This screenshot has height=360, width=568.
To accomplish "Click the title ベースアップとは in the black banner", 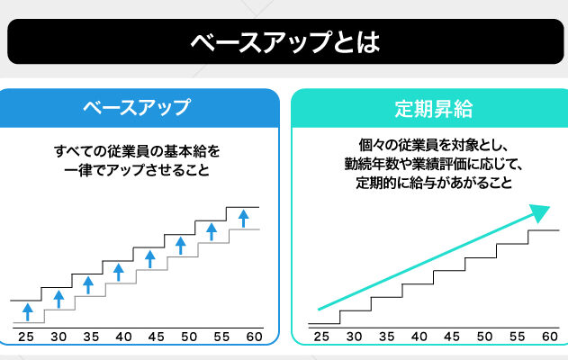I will [284, 42].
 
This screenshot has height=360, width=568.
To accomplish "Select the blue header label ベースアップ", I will [137, 109].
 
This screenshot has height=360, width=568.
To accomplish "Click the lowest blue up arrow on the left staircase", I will [28, 311].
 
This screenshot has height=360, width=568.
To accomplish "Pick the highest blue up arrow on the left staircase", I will [242, 217].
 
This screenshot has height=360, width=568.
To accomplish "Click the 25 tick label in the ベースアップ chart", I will [25, 337].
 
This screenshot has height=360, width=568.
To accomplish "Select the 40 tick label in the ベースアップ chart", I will [123, 337].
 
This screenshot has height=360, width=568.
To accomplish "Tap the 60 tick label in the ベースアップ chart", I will [254, 337].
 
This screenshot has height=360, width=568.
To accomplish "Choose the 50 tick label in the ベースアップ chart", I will [189, 337].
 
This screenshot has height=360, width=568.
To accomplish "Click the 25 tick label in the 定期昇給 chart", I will [321, 337].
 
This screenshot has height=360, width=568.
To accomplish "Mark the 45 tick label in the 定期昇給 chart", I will [451, 337].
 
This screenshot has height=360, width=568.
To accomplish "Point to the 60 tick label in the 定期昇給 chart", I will [548, 337].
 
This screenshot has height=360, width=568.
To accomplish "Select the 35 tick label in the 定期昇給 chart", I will [386, 337].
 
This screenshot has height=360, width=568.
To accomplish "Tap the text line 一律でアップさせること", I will [137, 168].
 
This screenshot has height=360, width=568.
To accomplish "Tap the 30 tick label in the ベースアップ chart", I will [59, 337].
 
